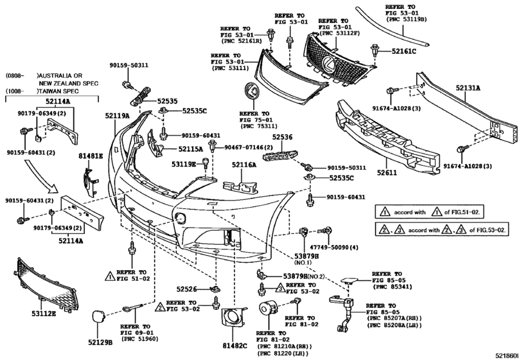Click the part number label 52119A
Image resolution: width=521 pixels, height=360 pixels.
pyautogui.click(x=118, y=116)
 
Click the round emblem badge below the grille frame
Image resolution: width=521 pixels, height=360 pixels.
pyautogui.click(x=252, y=91)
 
